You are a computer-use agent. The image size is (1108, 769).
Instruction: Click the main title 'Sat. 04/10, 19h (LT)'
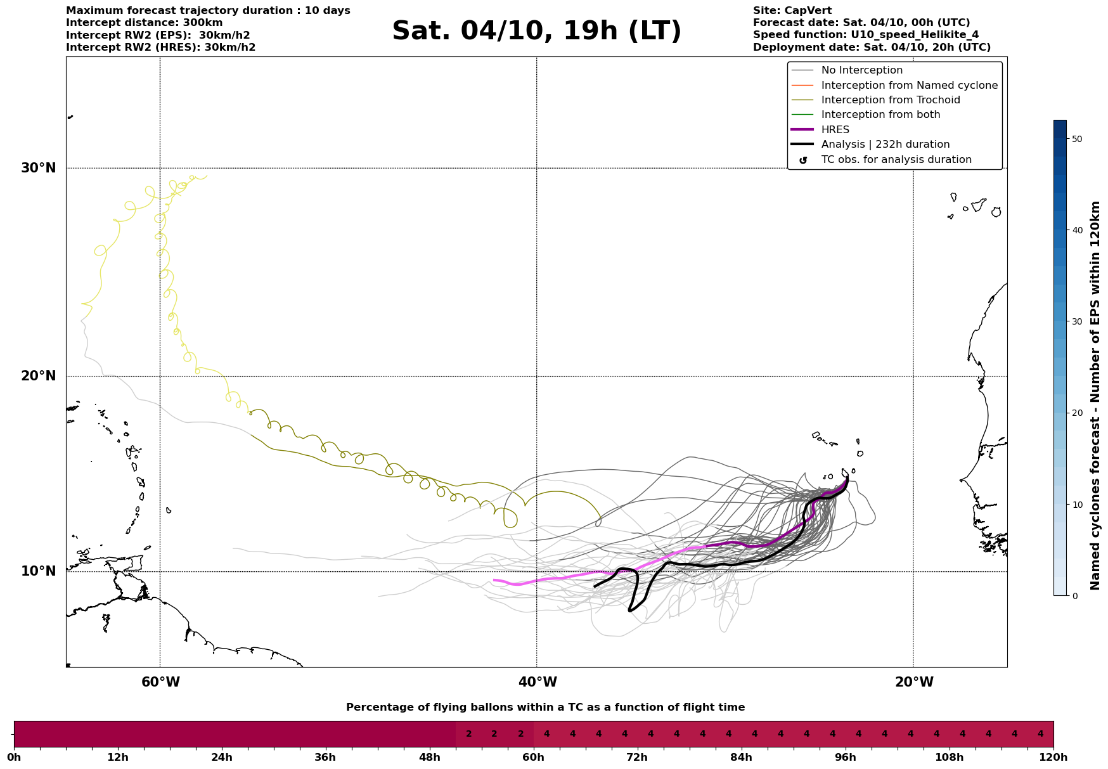click(536, 31)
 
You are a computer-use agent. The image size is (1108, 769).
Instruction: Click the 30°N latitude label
click(39, 168)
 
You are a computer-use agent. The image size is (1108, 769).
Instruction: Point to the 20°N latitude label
click(39, 376)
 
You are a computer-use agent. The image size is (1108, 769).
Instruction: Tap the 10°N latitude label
click(39, 571)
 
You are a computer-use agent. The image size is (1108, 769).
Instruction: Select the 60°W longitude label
click(160, 682)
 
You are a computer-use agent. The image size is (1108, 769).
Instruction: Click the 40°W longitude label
click(538, 682)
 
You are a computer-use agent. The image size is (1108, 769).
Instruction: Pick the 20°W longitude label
click(914, 682)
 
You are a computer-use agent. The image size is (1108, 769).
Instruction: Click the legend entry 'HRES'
click(835, 130)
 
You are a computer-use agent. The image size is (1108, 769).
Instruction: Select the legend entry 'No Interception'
click(861, 70)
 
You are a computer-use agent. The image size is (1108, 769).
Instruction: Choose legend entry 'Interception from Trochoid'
click(890, 100)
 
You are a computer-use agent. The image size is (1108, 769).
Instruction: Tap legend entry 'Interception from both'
click(880, 115)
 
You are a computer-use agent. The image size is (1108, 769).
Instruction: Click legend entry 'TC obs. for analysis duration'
click(896, 160)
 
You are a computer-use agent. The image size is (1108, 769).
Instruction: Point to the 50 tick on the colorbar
click(1076, 139)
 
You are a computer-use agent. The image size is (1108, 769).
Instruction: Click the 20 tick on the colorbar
click(1076, 413)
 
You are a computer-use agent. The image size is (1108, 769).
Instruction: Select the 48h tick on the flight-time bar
click(430, 758)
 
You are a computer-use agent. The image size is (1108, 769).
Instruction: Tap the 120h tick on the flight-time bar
click(1053, 758)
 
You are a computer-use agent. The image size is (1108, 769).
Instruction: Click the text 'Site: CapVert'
click(792, 11)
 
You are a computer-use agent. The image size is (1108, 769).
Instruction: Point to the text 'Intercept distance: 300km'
click(144, 23)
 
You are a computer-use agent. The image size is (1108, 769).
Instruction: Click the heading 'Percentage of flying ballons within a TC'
click(545, 708)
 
